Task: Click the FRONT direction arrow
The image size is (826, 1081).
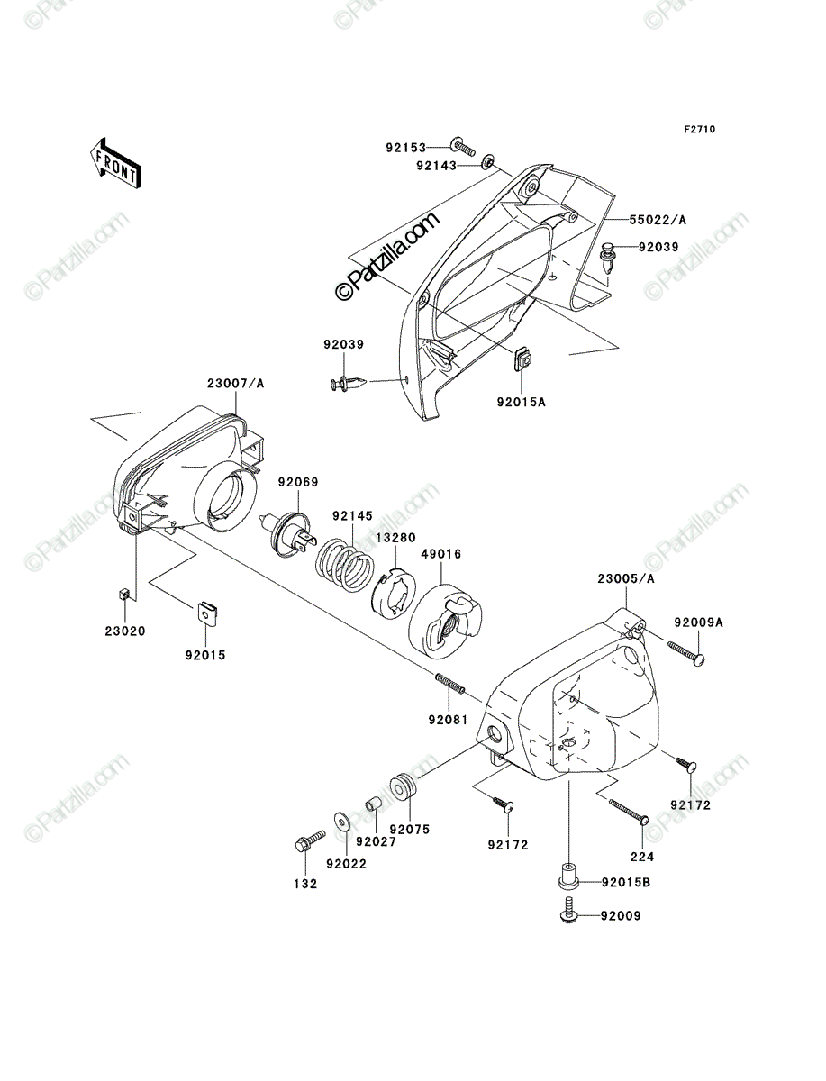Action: coord(115,163)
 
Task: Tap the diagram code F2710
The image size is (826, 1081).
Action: coord(700,130)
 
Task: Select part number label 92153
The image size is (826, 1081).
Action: coord(405,148)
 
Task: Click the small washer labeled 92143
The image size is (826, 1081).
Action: coord(488,162)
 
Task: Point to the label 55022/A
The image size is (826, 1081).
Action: coord(658,220)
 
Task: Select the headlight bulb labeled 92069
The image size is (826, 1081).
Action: coord(288,535)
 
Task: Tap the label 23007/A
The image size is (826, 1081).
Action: coord(235,383)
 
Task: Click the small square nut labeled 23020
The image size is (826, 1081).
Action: coord(125,595)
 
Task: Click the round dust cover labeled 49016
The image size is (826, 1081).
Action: coord(445,622)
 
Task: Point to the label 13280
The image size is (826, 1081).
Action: coord(395,538)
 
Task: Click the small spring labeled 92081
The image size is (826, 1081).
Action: coord(449,685)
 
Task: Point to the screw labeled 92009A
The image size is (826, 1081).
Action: coord(686,653)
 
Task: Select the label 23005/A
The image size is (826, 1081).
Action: coord(626,578)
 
